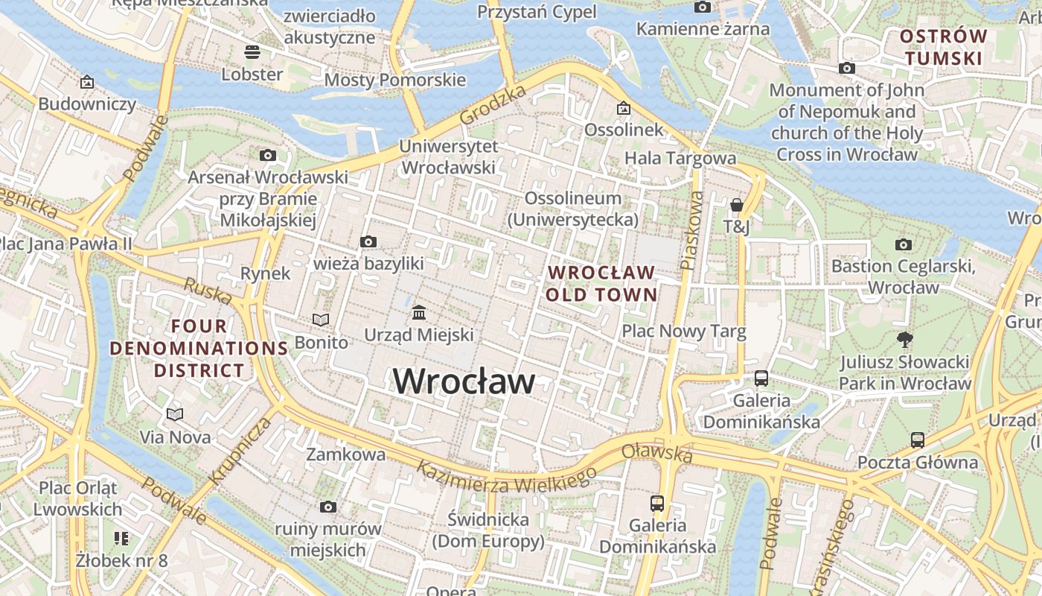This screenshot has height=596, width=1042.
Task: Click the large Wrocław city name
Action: (464, 381)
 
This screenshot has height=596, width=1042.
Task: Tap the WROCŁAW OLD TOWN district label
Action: (601, 284)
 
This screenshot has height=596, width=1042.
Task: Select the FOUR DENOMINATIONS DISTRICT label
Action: (199, 348)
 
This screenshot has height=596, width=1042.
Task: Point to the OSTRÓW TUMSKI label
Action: (943, 47)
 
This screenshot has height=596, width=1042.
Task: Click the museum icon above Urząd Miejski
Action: (419, 311)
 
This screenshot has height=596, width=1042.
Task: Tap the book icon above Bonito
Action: (321, 320)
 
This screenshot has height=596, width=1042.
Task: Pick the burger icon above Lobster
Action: (252, 52)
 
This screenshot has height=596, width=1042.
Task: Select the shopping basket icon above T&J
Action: (736, 204)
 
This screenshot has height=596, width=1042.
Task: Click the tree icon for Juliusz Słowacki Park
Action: (905, 340)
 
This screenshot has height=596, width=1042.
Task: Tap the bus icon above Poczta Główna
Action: (917, 440)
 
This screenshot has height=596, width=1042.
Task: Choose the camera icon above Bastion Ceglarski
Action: (903, 244)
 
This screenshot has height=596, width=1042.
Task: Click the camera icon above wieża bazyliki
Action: (368, 241)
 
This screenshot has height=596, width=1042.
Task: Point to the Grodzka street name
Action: (493, 104)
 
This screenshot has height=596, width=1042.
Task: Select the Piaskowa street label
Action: (691, 231)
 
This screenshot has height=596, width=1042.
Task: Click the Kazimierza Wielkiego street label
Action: (506, 477)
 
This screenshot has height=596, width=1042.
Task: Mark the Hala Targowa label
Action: (680, 158)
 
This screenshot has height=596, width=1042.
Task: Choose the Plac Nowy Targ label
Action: (683, 332)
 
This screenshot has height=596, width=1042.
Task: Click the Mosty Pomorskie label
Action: (394, 80)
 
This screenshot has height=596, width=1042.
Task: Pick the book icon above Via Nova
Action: (175, 414)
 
